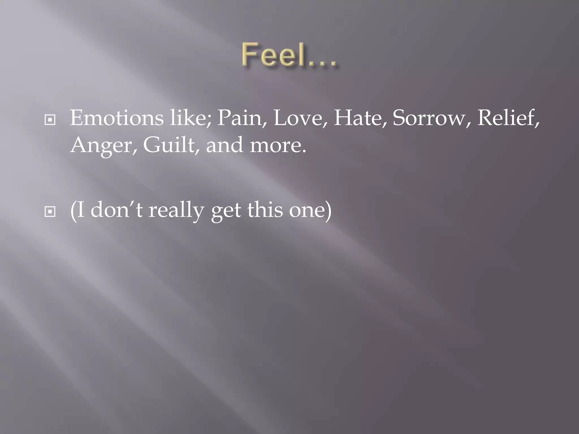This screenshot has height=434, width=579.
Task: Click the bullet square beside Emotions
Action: point(50,120)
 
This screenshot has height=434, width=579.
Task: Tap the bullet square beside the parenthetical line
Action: point(50,212)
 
